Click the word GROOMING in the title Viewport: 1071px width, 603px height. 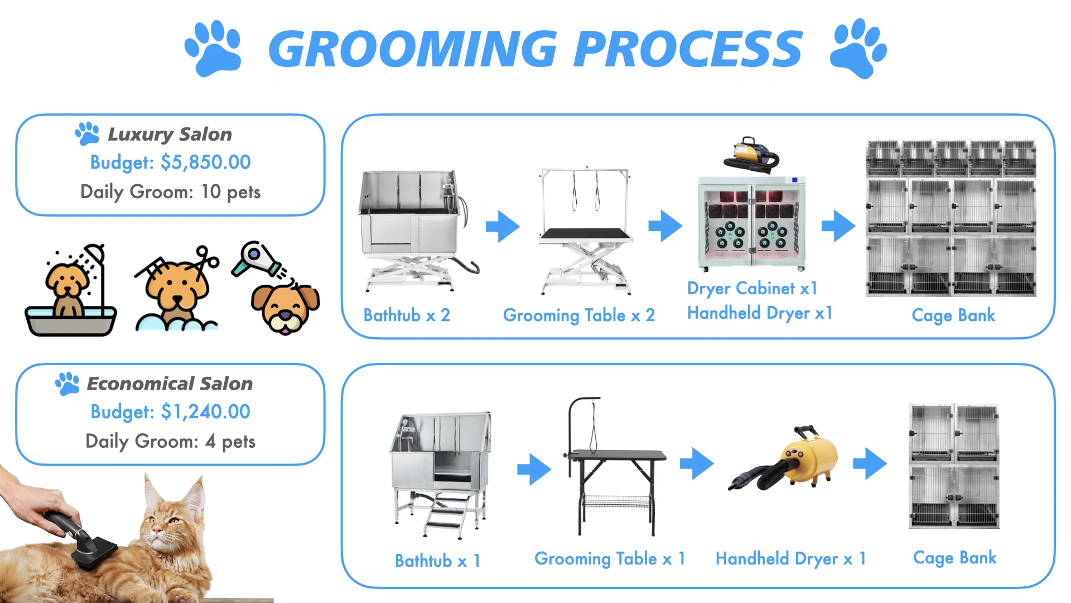pyautogui.click(x=413, y=49)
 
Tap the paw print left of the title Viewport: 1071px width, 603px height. pyautogui.click(x=213, y=49)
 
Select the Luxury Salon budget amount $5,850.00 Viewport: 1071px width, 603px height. pyautogui.click(x=205, y=162)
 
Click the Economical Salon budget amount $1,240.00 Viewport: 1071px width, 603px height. pyautogui.click(x=205, y=412)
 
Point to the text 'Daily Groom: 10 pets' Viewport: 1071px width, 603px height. pyautogui.click(x=170, y=192)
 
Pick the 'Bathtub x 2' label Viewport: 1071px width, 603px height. pyautogui.click(x=406, y=315)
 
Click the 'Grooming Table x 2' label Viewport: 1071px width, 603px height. pyautogui.click(x=578, y=315)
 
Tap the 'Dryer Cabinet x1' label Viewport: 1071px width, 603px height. pyautogui.click(x=752, y=289)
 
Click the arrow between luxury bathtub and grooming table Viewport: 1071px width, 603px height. pyautogui.click(x=503, y=226)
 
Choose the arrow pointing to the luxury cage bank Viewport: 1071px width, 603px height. pyautogui.click(x=838, y=226)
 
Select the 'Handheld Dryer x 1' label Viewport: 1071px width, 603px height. pyautogui.click(x=790, y=559)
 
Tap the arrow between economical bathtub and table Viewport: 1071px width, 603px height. pyautogui.click(x=534, y=469)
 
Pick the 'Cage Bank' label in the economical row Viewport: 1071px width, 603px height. pyautogui.click(x=954, y=558)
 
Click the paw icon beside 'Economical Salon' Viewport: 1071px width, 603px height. pyautogui.click(x=67, y=384)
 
